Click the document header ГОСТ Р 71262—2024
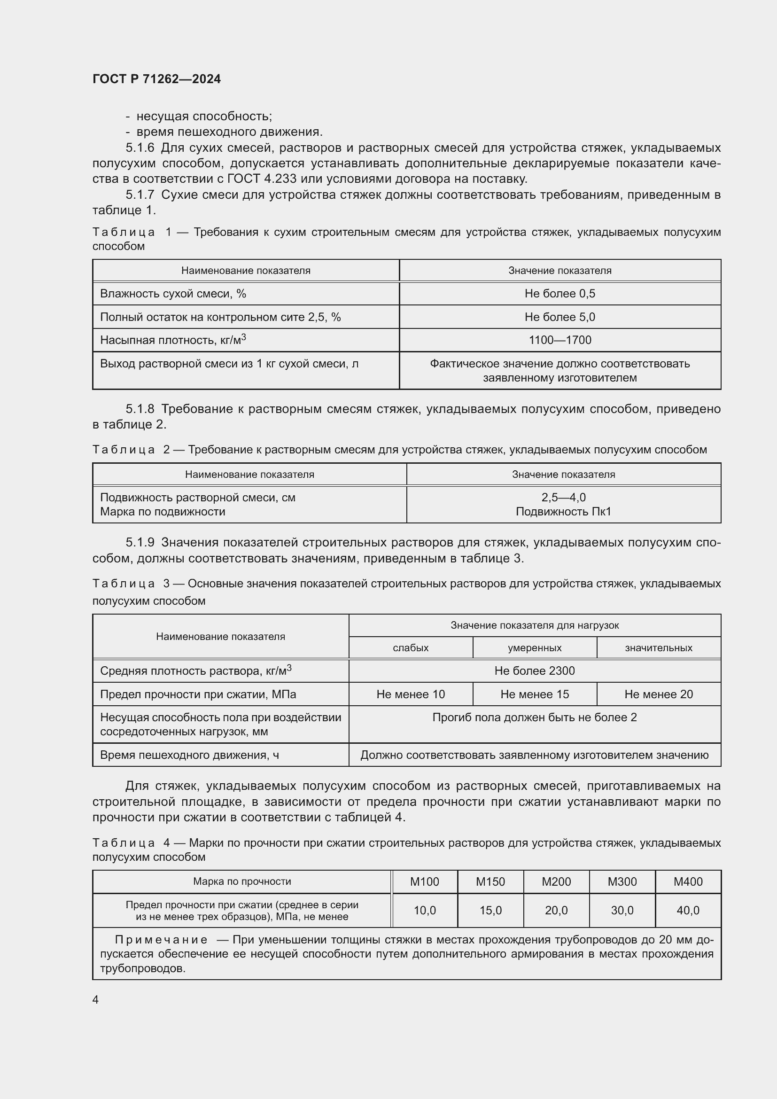(x=156, y=79)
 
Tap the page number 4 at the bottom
(x=96, y=999)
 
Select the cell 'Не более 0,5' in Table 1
(x=559, y=293)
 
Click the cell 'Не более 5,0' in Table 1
(x=559, y=317)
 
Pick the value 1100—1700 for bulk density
(x=559, y=340)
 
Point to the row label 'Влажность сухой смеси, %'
(x=173, y=293)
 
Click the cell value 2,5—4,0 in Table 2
(x=563, y=497)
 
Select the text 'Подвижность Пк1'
(x=563, y=512)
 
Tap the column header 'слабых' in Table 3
(x=410, y=647)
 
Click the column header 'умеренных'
(x=535, y=647)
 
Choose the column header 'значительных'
(x=658, y=647)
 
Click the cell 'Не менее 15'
(x=535, y=694)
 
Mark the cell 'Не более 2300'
(x=535, y=670)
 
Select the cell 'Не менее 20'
(x=658, y=694)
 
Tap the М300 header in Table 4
(x=622, y=881)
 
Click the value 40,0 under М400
(x=688, y=910)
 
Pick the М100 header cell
(x=424, y=881)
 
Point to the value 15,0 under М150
(x=490, y=910)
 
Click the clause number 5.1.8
(x=140, y=409)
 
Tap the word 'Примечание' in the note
(x=161, y=940)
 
